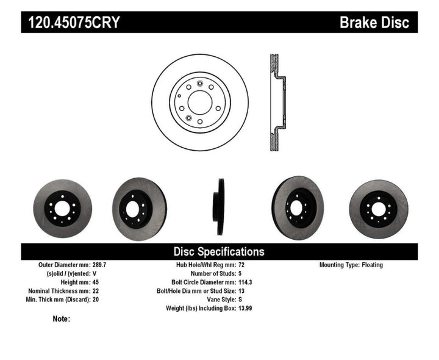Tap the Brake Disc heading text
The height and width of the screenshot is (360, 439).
[x=374, y=23]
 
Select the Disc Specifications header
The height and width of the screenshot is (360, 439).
[x=219, y=251]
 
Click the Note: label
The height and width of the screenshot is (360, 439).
[x=62, y=319]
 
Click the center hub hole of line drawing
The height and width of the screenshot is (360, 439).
[x=200, y=101]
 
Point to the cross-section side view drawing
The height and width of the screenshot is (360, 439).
[x=276, y=104]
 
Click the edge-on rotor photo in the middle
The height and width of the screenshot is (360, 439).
[x=218, y=204]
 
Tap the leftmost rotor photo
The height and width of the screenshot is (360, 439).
[x=62, y=205]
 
